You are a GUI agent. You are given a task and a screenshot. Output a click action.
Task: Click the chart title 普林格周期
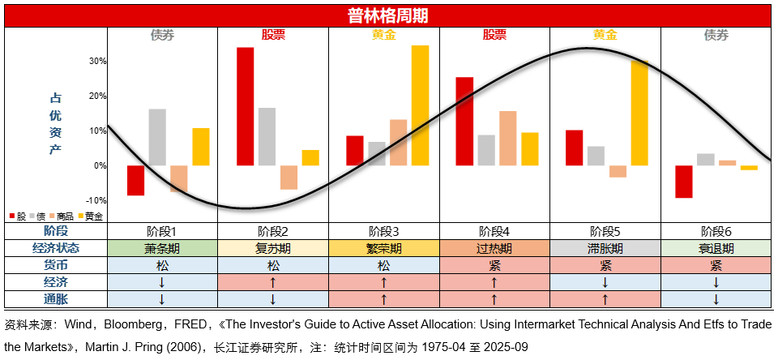(x=387, y=15)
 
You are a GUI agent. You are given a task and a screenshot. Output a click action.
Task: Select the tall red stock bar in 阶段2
(x=245, y=105)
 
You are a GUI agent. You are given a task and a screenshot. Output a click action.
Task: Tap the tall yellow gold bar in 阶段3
(x=420, y=105)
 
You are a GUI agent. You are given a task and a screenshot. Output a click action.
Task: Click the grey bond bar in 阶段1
(x=157, y=137)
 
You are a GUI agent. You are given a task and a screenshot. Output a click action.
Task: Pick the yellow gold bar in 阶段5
(x=639, y=114)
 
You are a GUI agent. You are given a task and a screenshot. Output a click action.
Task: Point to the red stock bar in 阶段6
(x=684, y=182)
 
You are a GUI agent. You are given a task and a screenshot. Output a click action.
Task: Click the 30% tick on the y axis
(x=98, y=61)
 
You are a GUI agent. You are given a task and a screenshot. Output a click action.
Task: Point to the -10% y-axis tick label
(x=96, y=200)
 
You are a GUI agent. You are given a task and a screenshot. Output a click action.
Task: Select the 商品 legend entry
(x=63, y=216)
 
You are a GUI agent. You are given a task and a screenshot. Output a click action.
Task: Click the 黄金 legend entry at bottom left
(x=91, y=216)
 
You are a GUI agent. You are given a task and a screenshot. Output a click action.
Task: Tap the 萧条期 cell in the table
(x=162, y=248)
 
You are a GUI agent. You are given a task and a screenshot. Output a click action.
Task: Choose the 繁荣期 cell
(x=384, y=248)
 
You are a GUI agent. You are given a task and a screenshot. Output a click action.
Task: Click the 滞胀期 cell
(x=605, y=248)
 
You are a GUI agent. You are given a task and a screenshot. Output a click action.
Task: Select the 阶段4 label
(x=494, y=231)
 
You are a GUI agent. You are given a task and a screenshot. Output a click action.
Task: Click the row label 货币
(x=56, y=265)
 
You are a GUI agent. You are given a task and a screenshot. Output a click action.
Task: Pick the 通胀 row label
(x=56, y=299)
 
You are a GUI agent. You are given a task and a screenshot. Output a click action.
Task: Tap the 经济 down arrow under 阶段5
(x=605, y=282)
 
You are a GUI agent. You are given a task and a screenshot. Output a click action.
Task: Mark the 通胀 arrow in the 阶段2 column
(x=273, y=299)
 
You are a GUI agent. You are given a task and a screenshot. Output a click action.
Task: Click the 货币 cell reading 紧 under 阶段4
(x=494, y=265)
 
